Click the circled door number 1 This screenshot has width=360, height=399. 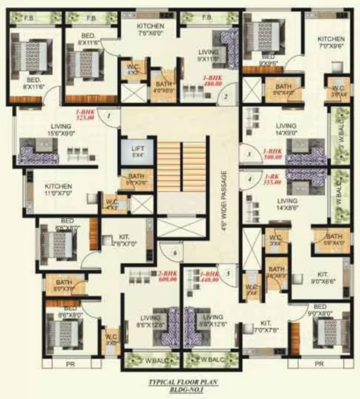(109, 116)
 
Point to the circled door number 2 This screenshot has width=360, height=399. (225, 96)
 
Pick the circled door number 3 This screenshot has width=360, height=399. (249, 154)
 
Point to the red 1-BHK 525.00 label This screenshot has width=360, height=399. (85, 114)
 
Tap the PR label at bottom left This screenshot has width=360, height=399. (70, 364)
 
